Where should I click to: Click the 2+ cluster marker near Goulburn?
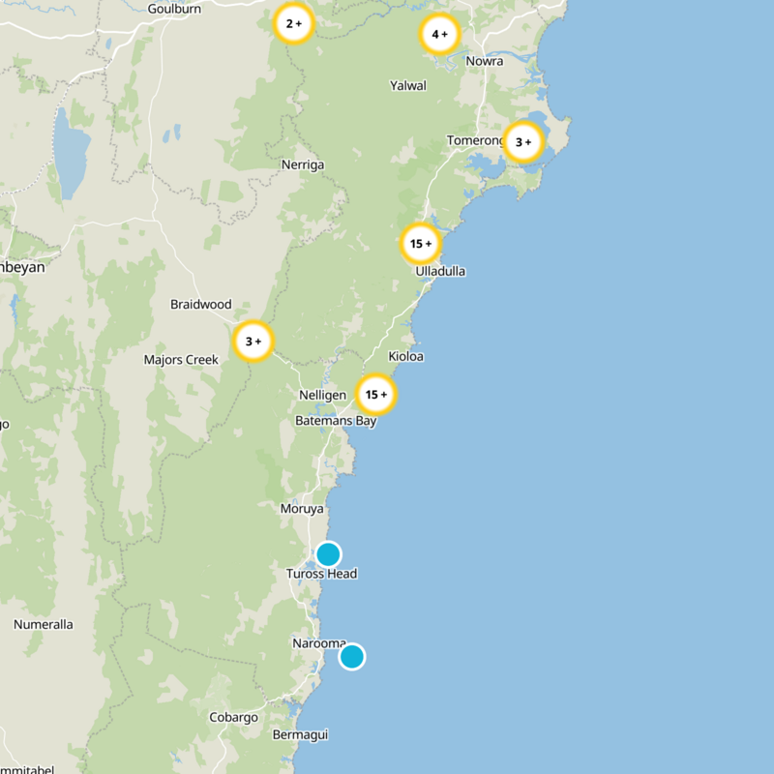293,24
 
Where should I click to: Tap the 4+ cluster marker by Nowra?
439,35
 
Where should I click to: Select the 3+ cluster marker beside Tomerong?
523,142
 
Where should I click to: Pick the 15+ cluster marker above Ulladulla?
421,244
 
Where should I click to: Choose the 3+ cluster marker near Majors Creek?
253,342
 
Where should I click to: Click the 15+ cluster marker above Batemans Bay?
376,395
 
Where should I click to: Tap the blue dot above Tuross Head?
328,554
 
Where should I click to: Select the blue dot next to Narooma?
351,657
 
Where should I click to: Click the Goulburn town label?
173,9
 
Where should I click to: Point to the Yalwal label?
407,85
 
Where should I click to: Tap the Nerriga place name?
303,164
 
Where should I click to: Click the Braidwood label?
201,304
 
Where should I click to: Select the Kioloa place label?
405,356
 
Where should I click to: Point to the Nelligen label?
322,396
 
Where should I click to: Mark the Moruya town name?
301,509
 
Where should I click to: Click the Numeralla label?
43,624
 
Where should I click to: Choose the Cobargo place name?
234,717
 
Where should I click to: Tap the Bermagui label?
300,734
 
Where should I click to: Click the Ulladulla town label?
440,271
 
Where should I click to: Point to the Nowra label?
484,61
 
